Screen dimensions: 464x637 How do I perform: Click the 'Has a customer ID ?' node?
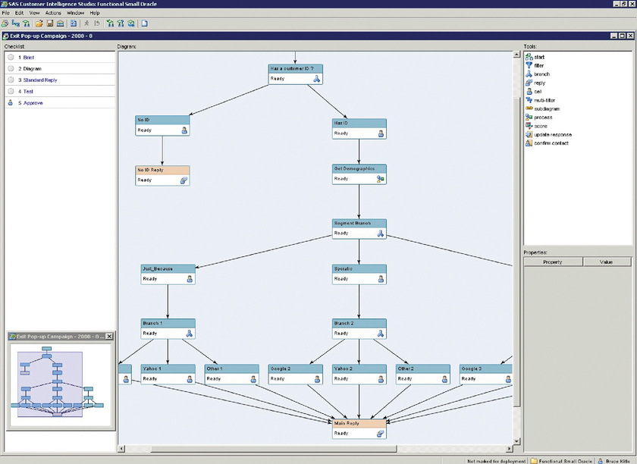coord(296,73)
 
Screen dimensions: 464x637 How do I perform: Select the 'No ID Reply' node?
coord(162,175)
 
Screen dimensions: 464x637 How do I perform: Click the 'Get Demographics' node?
coord(359,174)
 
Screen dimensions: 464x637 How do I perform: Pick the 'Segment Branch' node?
coord(359,228)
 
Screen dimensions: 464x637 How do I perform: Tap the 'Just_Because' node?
coord(168,274)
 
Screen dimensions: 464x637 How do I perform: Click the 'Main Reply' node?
coord(359,428)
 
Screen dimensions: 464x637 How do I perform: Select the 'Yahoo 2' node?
coord(359,373)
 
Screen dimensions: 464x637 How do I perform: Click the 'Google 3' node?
coord(486,373)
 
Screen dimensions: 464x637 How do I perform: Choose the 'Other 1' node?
coord(231,373)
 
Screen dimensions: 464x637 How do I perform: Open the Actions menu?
coord(53,13)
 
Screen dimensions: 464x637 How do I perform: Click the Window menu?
coord(75,13)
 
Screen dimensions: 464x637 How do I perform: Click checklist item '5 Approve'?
coord(33,102)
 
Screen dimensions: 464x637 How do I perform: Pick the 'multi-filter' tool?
coord(544,100)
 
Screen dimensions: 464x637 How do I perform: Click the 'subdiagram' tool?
coord(546,108)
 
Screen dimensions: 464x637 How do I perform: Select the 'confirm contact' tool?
coord(551,143)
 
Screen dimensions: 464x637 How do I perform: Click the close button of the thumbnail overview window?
coord(108,336)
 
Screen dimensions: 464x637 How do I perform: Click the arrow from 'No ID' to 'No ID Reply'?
coord(162,151)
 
